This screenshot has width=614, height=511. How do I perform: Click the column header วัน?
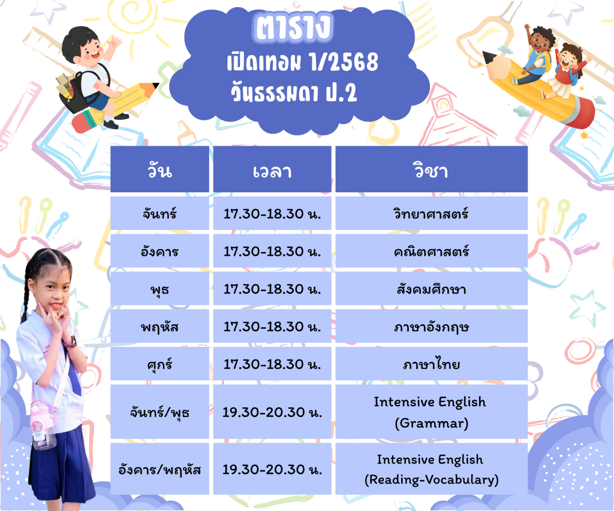pyautogui.click(x=159, y=169)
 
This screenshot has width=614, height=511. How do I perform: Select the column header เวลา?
pyautogui.click(x=272, y=169)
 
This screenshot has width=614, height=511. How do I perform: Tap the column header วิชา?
pyautogui.click(x=432, y=169)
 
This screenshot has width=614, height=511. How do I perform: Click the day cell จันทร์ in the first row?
pyautogui.click(x=159, y=213)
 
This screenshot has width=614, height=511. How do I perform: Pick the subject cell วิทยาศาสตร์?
pyautogui.click(x=432, y=213)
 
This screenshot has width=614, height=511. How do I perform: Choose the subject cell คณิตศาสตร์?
pyautogui.click(x=432, y=251)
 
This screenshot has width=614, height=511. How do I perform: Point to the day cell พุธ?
pyautogui.click(x=159, y=289)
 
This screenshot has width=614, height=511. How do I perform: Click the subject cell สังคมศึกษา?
pyautogui.click(x=432, y=289)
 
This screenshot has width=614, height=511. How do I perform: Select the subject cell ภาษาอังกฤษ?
pyautogui.click(x=432, y=326)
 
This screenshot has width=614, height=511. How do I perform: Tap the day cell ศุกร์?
pyautogui.click(x=159, y=364)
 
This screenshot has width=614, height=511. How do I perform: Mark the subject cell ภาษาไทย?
pyautogui.click(x=432, y=364)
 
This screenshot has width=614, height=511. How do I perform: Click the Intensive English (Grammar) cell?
pyautogui.click(x=432, y=412)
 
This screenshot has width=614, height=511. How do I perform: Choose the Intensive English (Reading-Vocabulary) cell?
pyautogui.click(x=432, y=468)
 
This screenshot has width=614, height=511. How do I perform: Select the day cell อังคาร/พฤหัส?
pyautogui.click(x=159, y=468)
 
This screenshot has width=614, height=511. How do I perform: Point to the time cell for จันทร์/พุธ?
pyautogui.click(x=272, y=412)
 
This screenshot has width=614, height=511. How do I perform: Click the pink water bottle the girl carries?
pyautogui.click(x=42, y=425)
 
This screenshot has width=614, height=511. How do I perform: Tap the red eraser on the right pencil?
pyautogui.click(x=580, y=113)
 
